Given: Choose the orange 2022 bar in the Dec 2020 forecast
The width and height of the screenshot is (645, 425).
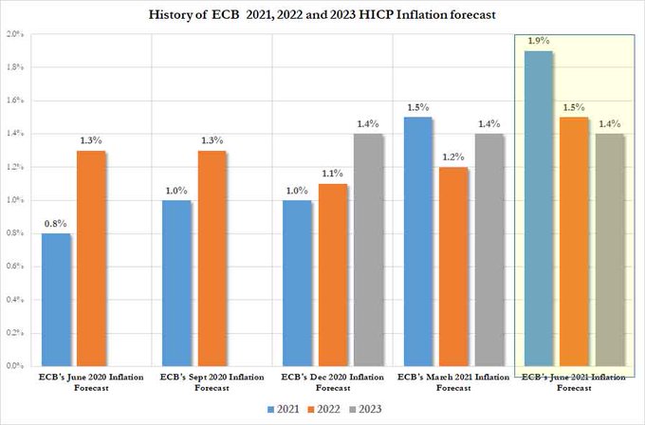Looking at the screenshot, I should click(334, 275).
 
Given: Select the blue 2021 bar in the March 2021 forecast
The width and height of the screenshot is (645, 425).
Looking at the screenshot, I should click(419, 241).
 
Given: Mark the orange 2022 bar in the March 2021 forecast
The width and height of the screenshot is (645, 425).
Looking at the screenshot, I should click(454, 267).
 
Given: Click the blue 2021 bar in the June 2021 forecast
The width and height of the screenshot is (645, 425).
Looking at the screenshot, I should click(540, 208).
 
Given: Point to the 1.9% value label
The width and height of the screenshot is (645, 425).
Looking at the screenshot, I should click(539, 42).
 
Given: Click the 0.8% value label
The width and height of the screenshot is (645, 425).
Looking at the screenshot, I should click(55, 224).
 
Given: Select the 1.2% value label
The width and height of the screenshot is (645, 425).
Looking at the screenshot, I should click(454, 157).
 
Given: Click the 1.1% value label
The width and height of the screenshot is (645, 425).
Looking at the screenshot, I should click(334, 174).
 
